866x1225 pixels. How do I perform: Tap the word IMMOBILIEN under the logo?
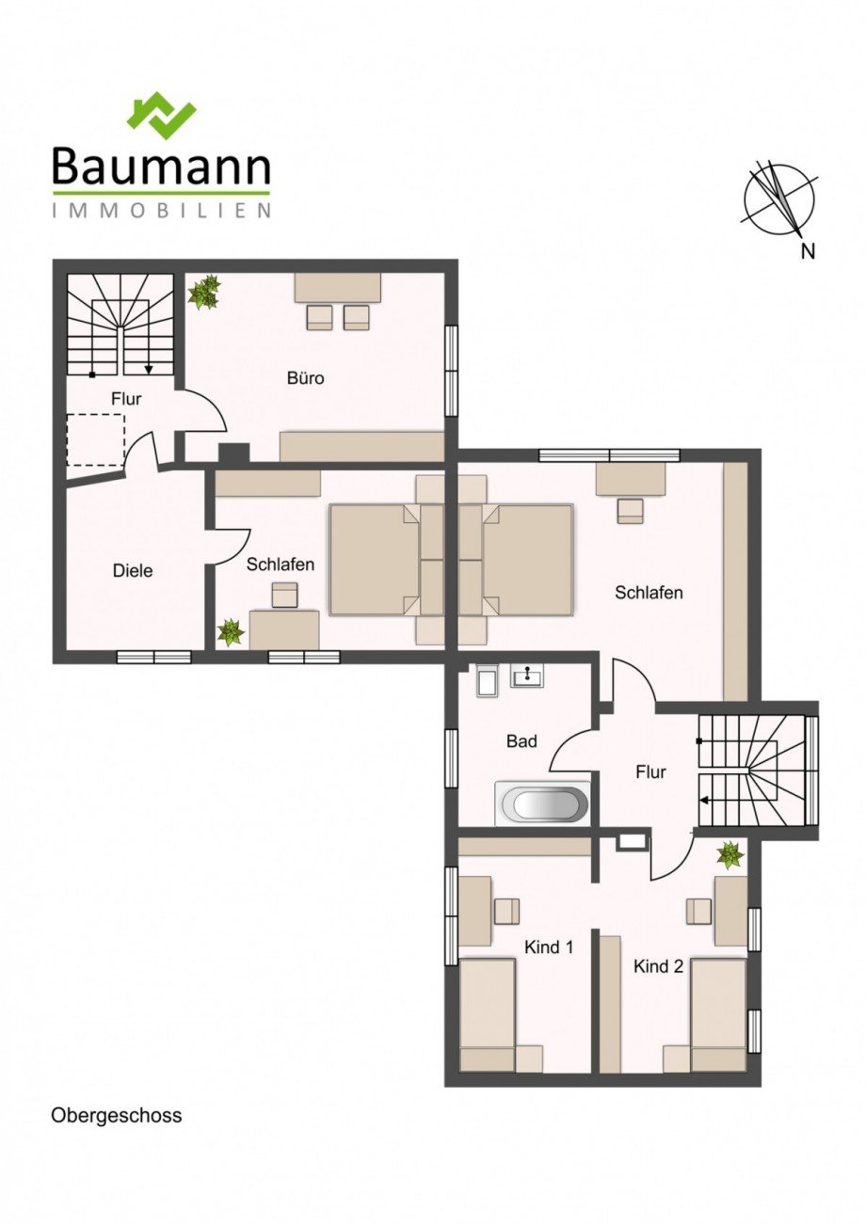161,211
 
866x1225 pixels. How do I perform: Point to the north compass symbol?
779,200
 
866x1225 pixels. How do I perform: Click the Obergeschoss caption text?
116,1116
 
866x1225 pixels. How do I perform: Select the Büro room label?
305,378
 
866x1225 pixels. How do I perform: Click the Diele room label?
132,570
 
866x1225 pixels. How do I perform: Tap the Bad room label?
521,741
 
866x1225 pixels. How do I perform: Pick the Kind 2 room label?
658,966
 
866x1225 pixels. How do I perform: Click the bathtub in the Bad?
543,803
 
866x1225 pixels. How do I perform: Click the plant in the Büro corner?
203,293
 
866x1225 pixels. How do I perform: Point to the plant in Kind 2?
730,854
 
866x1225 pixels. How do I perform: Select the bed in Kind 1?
488,1014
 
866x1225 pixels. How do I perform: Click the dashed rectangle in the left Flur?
95,440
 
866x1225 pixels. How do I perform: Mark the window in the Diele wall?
153,657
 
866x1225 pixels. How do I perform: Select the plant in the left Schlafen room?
231,631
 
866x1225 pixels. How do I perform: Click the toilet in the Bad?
487,681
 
